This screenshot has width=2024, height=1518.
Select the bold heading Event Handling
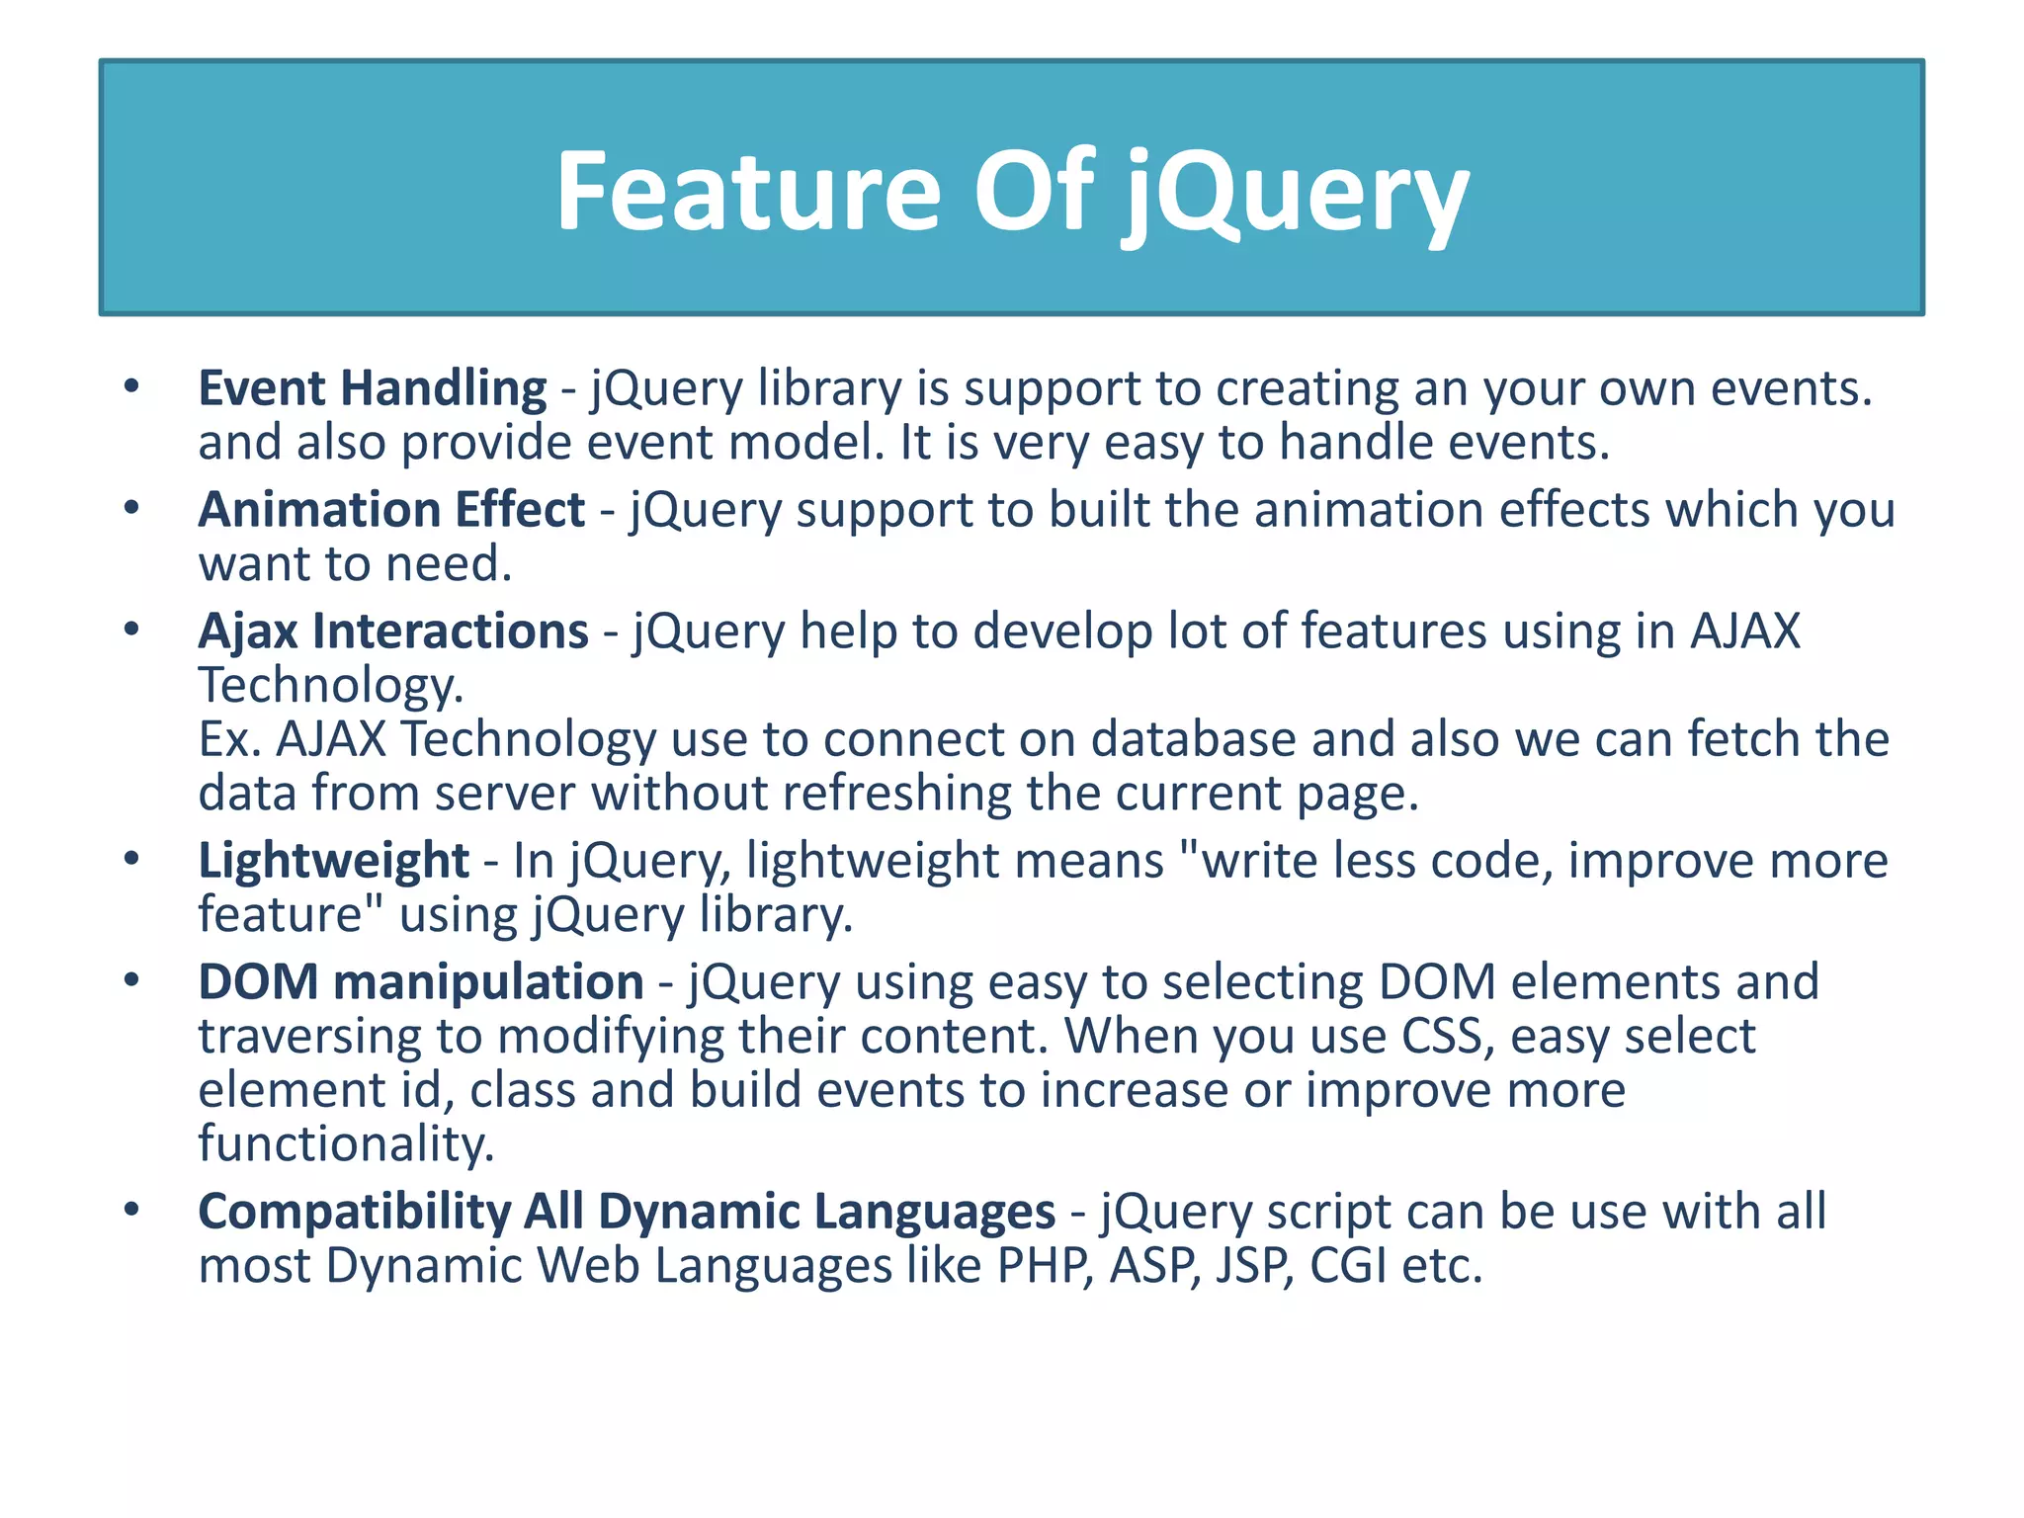pyautogui.click(x=372, y=387)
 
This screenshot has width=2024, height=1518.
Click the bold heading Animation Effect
pyautogui.click(x=391, y=510)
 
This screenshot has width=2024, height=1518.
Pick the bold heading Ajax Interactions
pyautogui.click(x=393, y=632)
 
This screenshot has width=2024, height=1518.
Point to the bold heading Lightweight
pyautogui.click(x=333, y=861)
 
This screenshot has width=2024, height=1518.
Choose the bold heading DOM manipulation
pyautogui.click(x=421, y=982)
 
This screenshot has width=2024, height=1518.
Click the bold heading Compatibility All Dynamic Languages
pyautogui.click(x=627, y=1212)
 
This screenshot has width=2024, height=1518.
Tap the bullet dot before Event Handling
pyautogui.click(x=131, y=386)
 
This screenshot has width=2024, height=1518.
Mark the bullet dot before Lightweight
pyautogui.click(x=131, y=859)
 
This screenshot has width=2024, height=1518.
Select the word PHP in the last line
pyautogui.click(x=1046, y=1266)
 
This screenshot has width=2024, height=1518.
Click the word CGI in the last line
pyautogui.click(x=1348, y=1266)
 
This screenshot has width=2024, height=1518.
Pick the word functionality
pyautogui.click(x=346, y=1144)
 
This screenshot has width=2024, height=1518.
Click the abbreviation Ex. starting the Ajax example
pyautogui.click(x=229, y=739)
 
